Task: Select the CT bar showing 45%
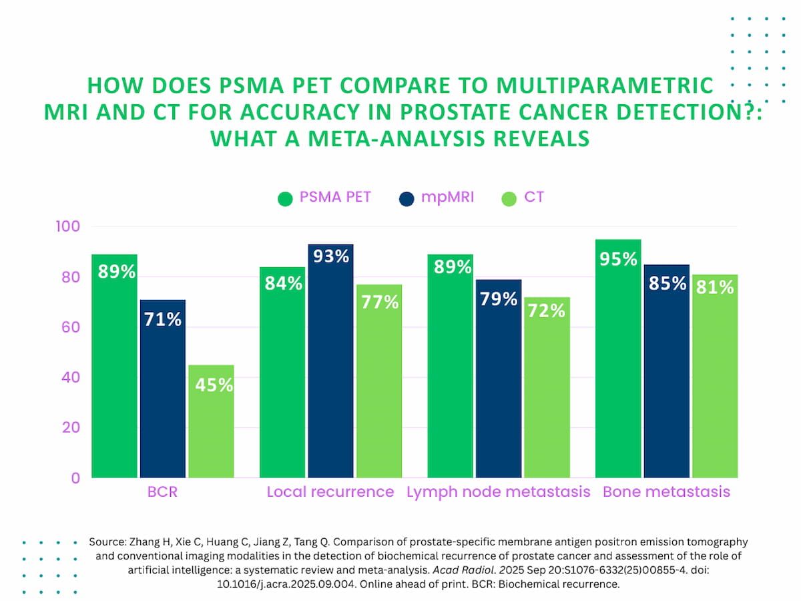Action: click(x=211, y=421)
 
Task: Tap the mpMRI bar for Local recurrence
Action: click(x=331, y=361)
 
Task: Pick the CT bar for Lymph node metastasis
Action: click(x=547, y=387)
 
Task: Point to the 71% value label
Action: click(x=163, y=319)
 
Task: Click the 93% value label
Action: click(x=332, y=256)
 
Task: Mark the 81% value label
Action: click(x=716, y=286)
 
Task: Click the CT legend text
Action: click(x=534, y=198)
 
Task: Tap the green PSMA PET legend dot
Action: click(x=286, y=198)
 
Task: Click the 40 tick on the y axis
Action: click(x=69, y=377)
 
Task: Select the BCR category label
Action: click(x=163, y=492)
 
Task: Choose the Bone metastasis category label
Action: click(x=666, y=492)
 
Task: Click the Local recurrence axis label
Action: click(x=330, y=492)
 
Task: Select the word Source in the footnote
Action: click(x=106, y=542)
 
